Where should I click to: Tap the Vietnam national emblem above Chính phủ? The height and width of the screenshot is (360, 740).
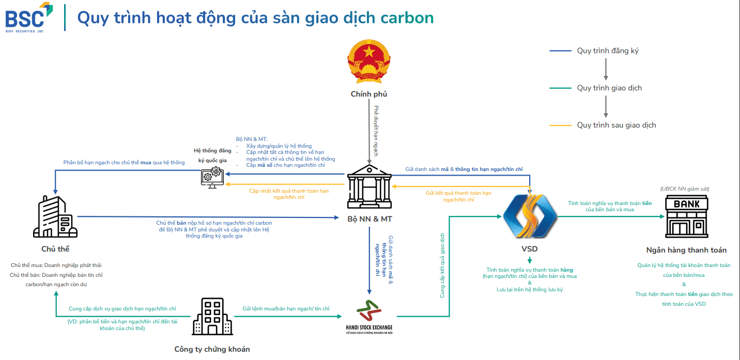(368, 61)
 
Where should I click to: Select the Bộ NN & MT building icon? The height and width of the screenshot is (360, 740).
(369, 186)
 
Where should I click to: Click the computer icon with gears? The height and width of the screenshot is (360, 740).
(212, 177)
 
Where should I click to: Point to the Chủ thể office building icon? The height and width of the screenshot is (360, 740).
(55, 216)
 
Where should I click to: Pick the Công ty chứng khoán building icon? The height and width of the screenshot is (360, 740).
(212, 317)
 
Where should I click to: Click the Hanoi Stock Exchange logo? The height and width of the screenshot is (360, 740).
(369, 317)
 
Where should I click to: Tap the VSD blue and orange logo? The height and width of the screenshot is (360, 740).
(530, 216)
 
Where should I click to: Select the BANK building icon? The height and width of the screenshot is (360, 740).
(686, 216)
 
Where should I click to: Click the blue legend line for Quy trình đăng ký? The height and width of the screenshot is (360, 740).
(560, 51)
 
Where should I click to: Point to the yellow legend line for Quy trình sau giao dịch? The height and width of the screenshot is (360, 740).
(560, 126)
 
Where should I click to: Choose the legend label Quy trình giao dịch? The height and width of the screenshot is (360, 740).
(609, 88)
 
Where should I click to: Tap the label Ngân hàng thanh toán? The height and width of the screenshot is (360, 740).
(686, 250)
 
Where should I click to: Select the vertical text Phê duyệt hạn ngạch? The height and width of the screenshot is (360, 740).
(376, 131)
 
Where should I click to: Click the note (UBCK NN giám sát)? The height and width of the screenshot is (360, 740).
(685, 189)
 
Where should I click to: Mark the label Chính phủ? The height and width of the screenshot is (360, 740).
(368, 94)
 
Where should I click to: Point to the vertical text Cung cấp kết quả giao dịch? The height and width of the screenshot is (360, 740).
(442, 265)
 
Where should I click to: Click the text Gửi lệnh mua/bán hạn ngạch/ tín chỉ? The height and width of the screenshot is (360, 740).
(286, 308)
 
